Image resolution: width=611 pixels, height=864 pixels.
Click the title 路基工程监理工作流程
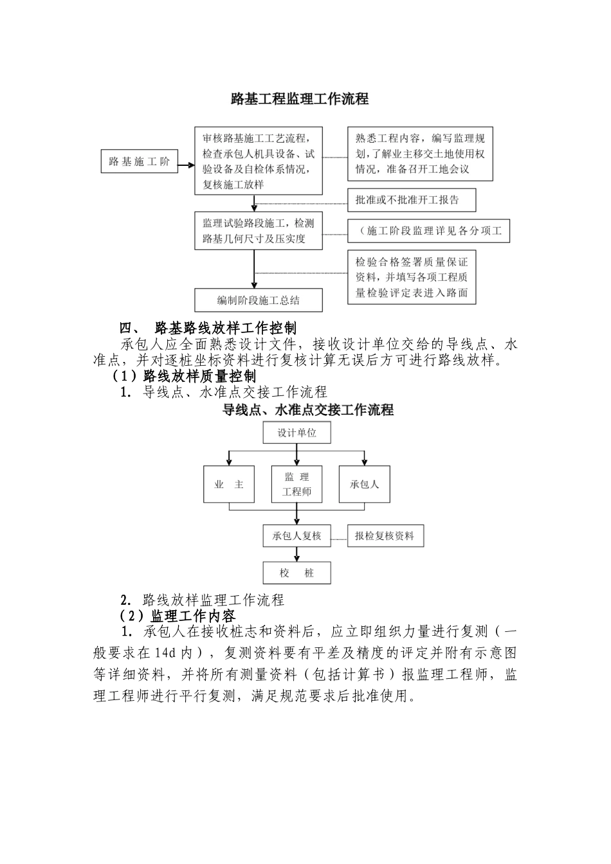(x=300, y=99)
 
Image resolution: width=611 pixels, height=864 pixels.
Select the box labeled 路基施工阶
(x=139, y=161)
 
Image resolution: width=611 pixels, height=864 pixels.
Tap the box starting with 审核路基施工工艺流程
(x=258, y=161)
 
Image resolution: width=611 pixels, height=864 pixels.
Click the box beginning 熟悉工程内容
(x=420, y=154)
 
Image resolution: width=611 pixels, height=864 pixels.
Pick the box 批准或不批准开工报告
(x=412, y=200)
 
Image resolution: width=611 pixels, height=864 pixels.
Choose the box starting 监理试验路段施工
(x=258, y=231)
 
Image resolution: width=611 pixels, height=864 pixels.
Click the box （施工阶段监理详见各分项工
(x=428, y=231)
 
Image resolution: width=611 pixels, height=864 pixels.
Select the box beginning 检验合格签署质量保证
(x=412, y=278)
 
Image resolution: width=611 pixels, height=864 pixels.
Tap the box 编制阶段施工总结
(x=258, y=300)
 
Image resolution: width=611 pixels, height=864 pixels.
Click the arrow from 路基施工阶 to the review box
(x=185, y=166)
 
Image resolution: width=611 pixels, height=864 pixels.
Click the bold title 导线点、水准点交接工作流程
(x=308, y=410)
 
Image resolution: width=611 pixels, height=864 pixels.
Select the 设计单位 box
(x=296, y=433)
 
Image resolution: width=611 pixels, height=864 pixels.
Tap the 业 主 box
(x=229, y=484)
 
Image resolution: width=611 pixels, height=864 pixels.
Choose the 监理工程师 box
(x=296, y=484)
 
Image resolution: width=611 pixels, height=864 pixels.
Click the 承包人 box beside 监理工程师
(x=364, y=484)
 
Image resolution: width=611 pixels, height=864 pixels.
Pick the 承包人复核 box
(x=296, y=535)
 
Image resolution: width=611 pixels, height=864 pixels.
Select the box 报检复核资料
(x=385, y=535)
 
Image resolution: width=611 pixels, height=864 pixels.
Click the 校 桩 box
(x=296, y=573)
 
